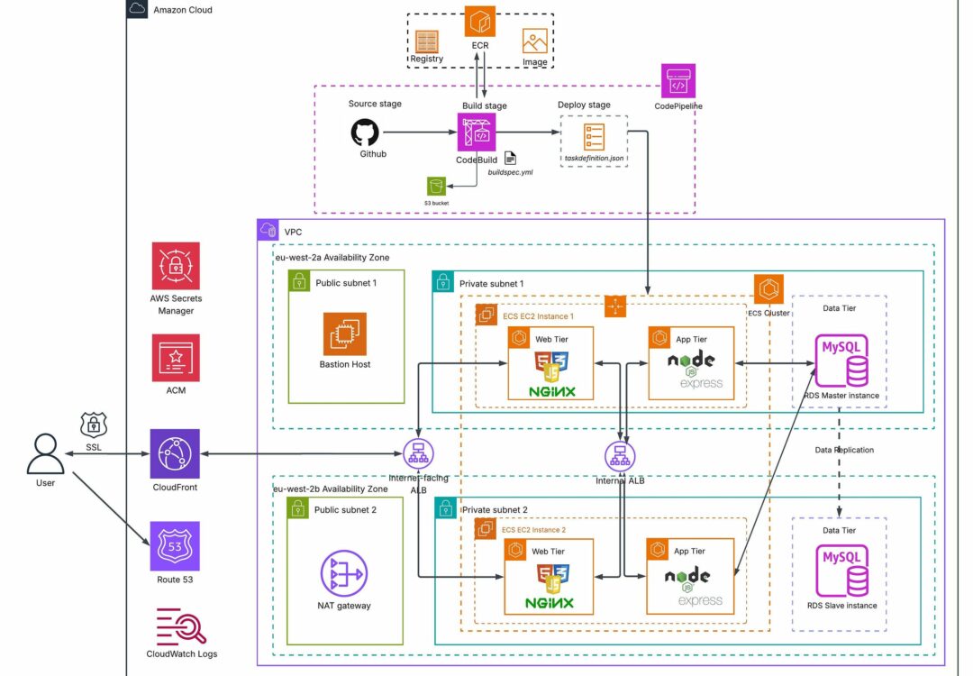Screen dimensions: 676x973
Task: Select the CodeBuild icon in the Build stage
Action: click(477, 132)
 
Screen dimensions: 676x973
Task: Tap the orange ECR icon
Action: click(480, 20)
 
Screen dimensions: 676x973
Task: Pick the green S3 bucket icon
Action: click(437, 186)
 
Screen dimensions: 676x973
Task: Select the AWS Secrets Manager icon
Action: click(176, 266)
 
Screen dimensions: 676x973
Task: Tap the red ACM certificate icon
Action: click(176, 358)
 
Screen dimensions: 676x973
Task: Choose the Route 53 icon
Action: click(176, 545)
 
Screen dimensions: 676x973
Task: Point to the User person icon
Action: click(45, 452)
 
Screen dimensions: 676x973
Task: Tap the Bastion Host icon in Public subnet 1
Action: click(345, 334)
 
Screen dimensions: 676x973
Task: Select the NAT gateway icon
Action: click(345, 572)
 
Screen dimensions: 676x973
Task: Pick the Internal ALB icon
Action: click(619, 455)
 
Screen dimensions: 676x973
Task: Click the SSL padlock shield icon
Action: click(95, 424)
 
